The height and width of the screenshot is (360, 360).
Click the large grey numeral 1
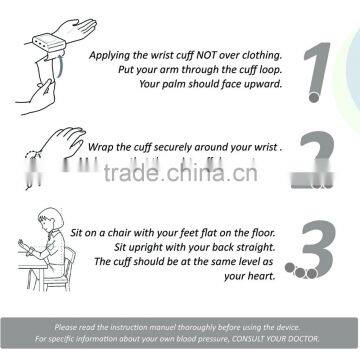pos(319,67)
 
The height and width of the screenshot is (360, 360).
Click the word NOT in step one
pos(206,55)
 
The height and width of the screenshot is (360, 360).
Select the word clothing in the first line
pos(262,55)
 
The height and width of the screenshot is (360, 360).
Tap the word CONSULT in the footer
pos(246,339)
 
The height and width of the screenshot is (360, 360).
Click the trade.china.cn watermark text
pos(180,173)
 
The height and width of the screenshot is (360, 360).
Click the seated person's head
pos(51,219)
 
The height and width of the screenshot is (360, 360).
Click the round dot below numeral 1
pos(314,97)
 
